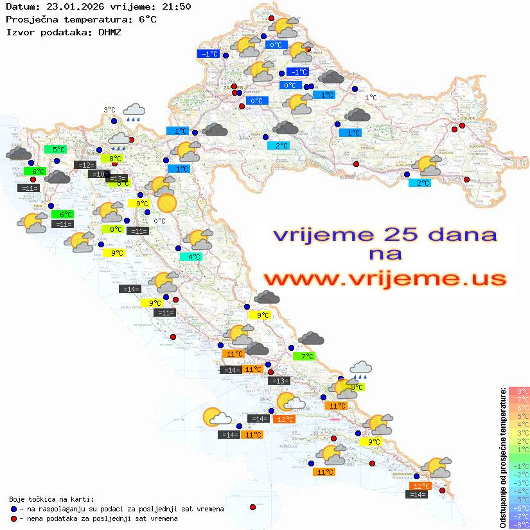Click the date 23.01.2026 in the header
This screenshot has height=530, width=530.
click(73, 7)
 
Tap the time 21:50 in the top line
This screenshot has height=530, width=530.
click(176, 7)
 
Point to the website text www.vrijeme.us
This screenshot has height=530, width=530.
click(385, 279)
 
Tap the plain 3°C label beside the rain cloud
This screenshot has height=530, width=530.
click(109, 110)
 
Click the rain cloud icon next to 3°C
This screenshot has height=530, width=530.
click(134, 112)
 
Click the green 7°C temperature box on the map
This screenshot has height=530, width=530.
click(303, 356)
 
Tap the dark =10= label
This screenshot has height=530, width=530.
click(98, 173)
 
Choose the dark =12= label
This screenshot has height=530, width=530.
click(85, 164)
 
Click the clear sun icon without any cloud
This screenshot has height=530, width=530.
click(166, 203)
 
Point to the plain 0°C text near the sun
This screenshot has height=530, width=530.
click(159, 221)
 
